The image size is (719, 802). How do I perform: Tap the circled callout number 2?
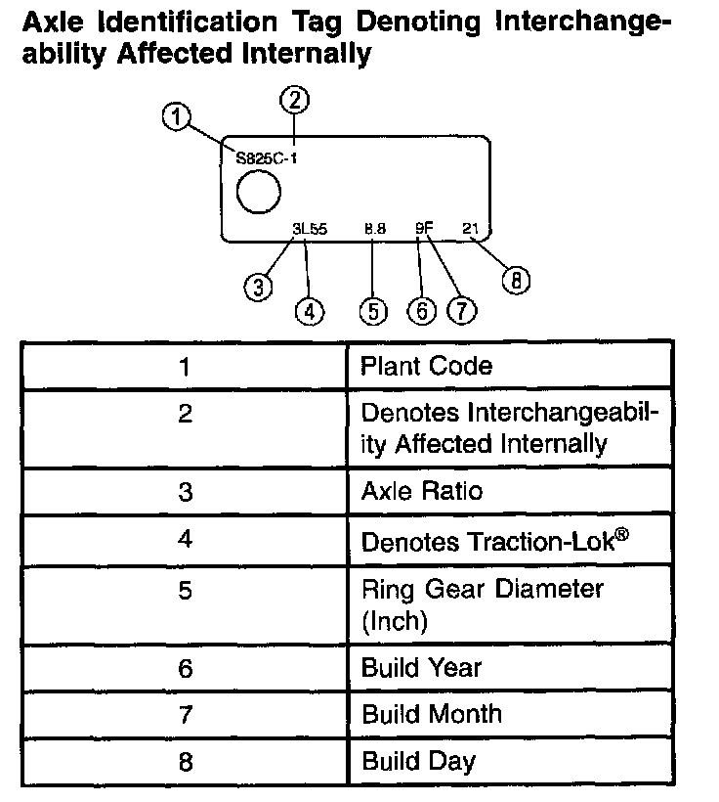[294, 98]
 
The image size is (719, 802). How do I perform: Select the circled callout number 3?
[258, 287]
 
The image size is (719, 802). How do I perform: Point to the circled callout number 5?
[373, 311]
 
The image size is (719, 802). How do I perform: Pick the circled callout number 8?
[516, 281]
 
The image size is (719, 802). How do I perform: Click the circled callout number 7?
[460, 311]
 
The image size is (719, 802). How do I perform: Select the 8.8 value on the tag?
[375, 229]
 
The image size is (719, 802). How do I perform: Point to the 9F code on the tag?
[423, 229]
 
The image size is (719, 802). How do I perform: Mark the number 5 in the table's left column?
[185, 592]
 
